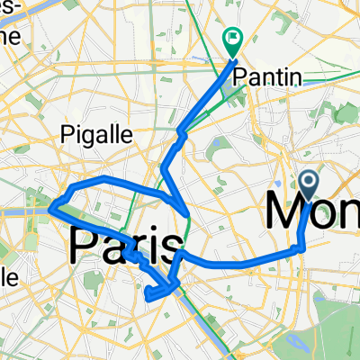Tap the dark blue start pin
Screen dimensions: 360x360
(308, 185)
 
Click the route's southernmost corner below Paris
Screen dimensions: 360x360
(147, 293)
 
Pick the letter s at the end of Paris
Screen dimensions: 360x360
(174, 246)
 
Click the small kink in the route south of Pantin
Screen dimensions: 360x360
(182, 134)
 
